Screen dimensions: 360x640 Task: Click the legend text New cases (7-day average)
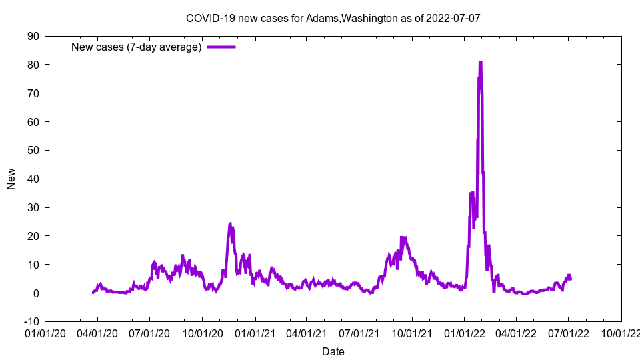[x=136, y=47]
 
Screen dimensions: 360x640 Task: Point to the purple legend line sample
[x=221, y=47]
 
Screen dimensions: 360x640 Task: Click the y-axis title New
[x=11, y=179]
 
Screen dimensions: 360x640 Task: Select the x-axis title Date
[x=333, y=351]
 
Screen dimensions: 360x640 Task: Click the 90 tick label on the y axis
[x=33, y=36]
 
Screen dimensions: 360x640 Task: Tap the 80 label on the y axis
[x=33, y=65]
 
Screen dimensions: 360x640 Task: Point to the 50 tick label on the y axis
[x=33, y=150]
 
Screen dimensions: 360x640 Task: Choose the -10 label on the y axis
[x=31, y=321]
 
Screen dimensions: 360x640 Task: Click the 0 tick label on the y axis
[x=35, y=293]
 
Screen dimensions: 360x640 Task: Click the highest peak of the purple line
[x=480, y=63]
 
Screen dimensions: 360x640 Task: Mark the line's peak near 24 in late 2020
[x=230, y=223]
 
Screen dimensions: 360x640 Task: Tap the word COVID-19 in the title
[x=207, y=19]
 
